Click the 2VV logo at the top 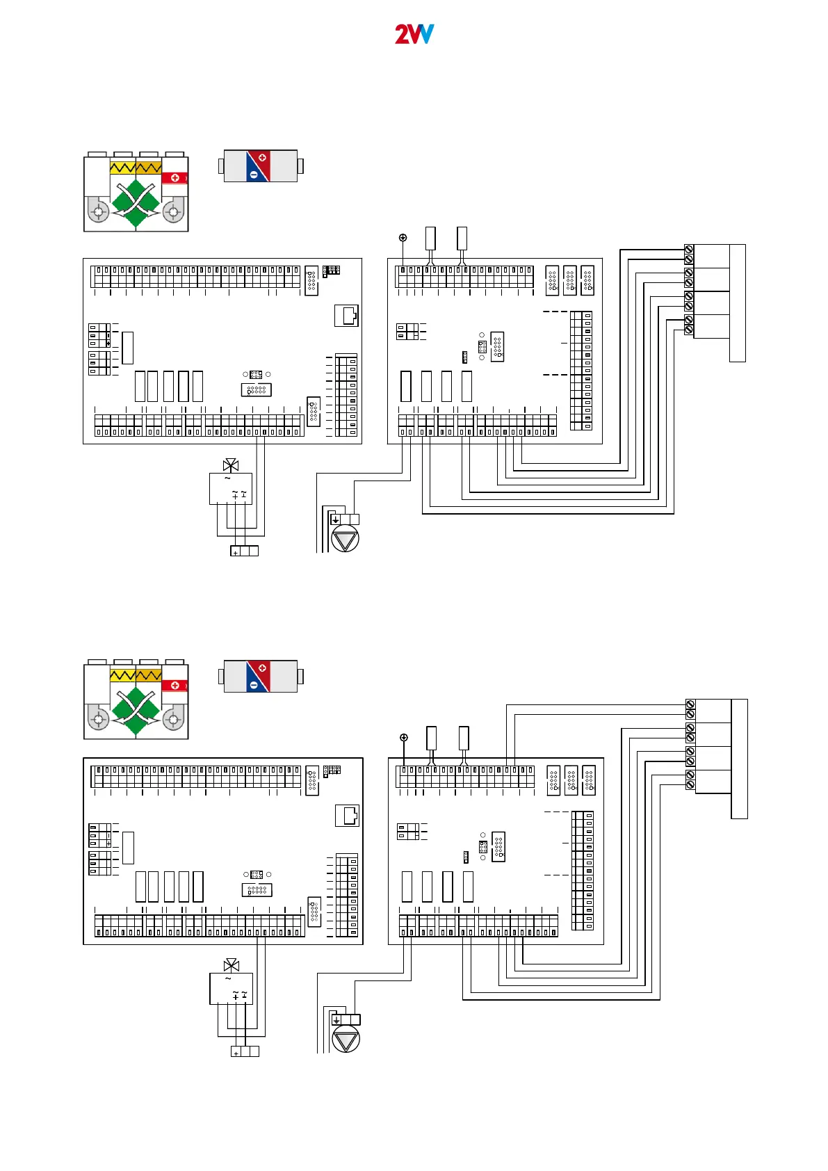(x=414, y=34)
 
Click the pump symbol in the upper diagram (x=346, y=539)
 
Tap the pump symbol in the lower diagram (x=346, y=1040)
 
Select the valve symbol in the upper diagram (x=231, y=465)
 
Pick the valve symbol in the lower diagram (x=232, y=965)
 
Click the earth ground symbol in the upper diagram (x=403, y=238)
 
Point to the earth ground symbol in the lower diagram (x=404, y=737)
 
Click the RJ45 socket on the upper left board (x=347, y=315)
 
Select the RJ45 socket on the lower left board (x=348, y=815)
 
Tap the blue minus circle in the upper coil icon (x=254, y=175)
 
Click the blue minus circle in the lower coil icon (x=254, y=685)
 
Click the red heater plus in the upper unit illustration (x=175, y=177)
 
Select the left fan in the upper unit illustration (x=99, y=211)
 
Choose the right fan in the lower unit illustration (x=173, y=718)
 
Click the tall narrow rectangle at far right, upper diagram (x=738, y=302)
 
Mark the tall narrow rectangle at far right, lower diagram (x=740, y=759)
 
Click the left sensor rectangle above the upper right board (x=430, y=238)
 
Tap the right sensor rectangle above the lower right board (x=464, y=738)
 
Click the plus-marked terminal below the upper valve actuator (x=236, y=551)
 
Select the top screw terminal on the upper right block (x=689, y=249)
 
